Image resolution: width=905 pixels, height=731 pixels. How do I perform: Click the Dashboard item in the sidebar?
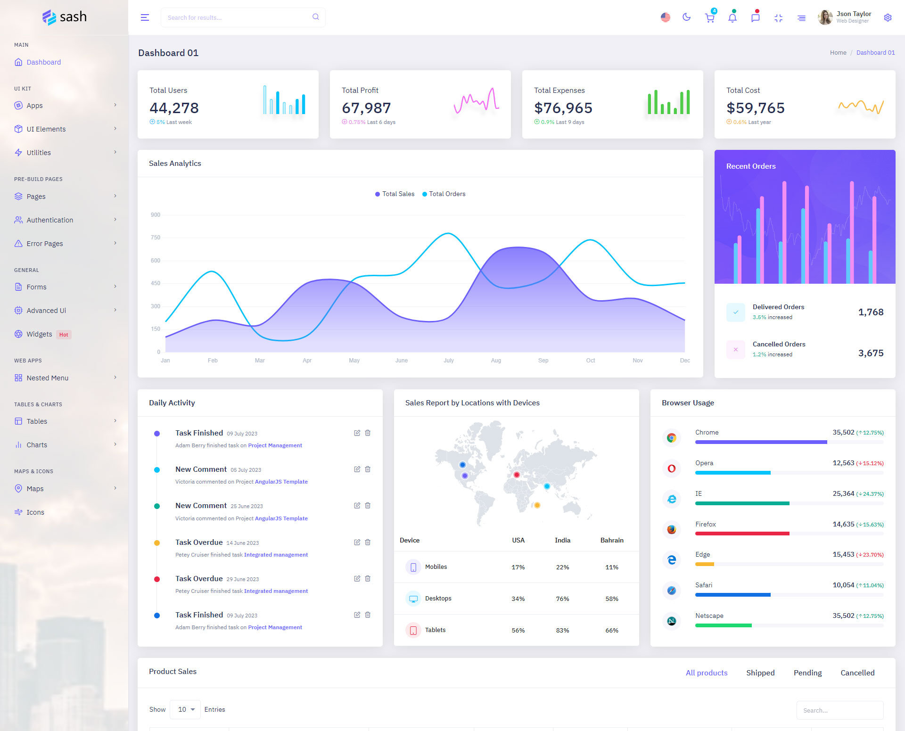(43, 62)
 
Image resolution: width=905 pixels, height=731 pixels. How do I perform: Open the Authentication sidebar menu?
(49, 220)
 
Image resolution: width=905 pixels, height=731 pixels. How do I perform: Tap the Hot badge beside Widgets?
(64, 335)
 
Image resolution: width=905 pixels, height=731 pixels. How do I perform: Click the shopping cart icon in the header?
(709, 18)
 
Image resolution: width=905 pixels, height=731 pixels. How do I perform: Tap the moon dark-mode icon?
(686, 17)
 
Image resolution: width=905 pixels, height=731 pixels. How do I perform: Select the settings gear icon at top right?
(888, 18)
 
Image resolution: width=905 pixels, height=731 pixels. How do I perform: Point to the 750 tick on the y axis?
(156, 238)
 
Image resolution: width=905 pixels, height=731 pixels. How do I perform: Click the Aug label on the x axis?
(496, 361)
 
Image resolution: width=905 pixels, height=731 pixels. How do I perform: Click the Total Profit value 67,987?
(366, 108)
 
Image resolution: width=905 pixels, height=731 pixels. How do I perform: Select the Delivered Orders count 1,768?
(871, 312)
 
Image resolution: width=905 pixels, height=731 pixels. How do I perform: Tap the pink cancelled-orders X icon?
(735, 350)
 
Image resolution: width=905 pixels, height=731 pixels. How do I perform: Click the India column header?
(562, 541)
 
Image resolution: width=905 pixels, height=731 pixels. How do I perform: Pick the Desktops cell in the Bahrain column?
(612, 599)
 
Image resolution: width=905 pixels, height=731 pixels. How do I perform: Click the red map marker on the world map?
(517, 475)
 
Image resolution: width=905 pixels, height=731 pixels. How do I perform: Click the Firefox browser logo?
(672, 529)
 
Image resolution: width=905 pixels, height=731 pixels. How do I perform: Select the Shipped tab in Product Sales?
(760, 673)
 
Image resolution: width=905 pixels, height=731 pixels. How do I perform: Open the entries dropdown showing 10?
(185, 710)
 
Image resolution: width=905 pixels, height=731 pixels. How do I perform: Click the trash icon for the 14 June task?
(368, 542)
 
